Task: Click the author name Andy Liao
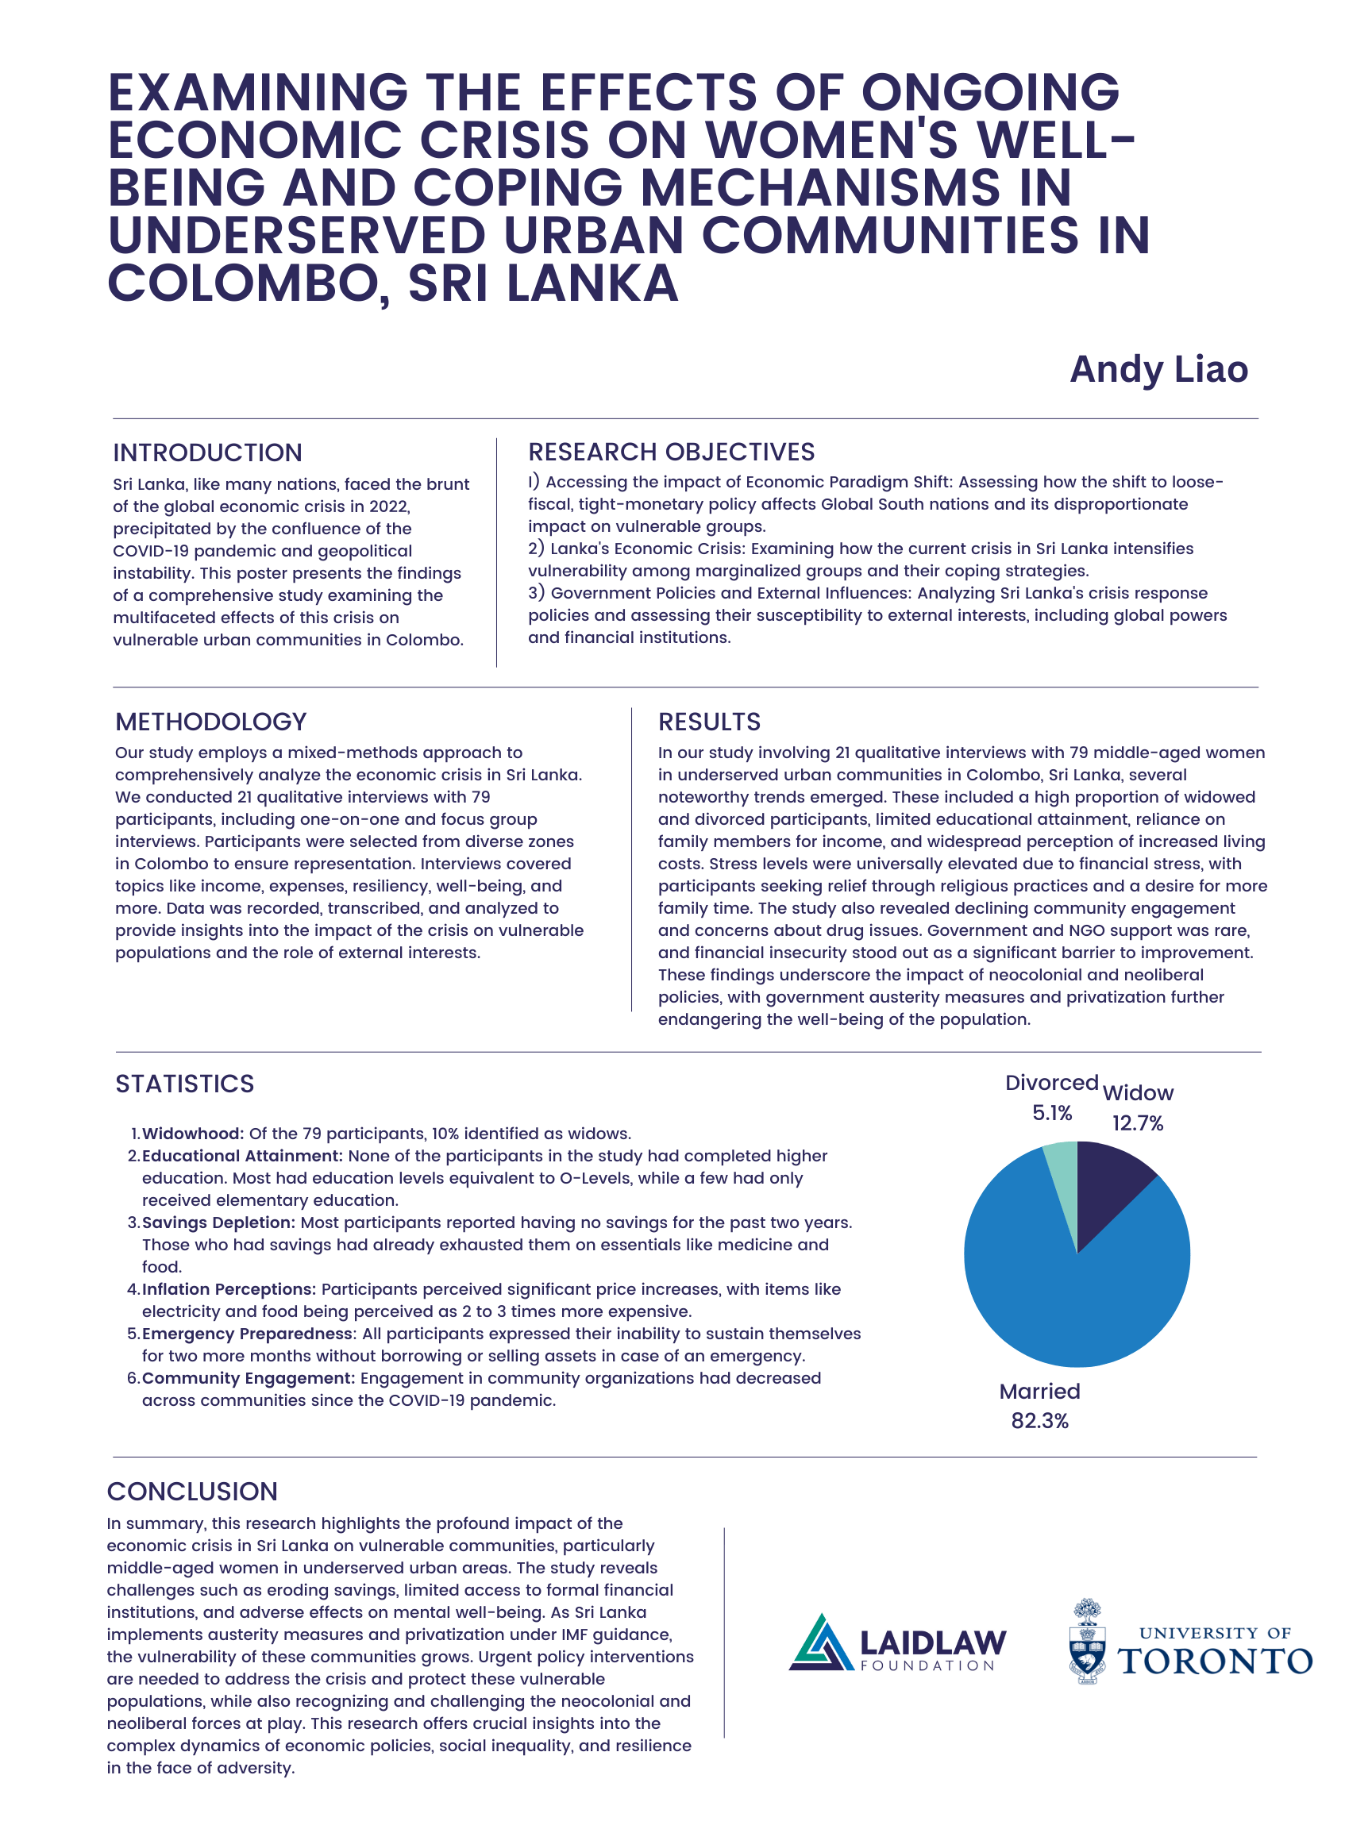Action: (x=1158, y=370)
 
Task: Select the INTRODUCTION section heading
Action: (x=207, y=452)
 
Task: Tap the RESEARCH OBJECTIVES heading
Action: (x=671, y=452)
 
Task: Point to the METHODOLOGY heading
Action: (x=211, y=721)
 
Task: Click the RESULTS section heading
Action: (x=709, y=721)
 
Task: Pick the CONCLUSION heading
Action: (x=192, y=1491)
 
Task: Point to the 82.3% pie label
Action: (x=1039, y=1420)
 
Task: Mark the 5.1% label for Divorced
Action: (x=1051, y=1113)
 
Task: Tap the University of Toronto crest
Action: (x=1088, y=1642)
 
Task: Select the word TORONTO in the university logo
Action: (x=1215, y=1661)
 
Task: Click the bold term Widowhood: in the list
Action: (x=193, y=1133)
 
